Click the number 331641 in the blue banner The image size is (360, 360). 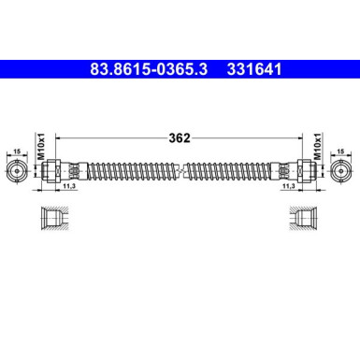[x=250, y=68]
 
